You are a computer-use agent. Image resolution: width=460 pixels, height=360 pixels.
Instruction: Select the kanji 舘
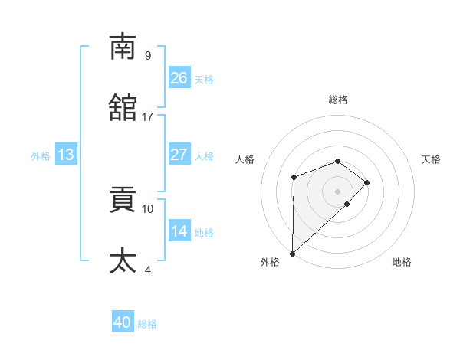[x=123, y=108]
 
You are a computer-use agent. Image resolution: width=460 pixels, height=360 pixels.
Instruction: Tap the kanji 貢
[x=123, y=200]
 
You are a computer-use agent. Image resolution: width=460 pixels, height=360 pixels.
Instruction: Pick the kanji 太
[x=123, y=261]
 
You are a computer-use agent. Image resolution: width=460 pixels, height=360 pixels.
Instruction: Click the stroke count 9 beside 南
[x=147, y=55]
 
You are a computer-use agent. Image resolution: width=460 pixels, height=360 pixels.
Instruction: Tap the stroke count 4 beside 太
[x=147, y=270]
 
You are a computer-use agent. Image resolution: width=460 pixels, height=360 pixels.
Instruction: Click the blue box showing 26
[x=179, y=78]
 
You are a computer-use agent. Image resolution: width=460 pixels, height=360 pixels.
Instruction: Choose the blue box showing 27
[x=179, y=155]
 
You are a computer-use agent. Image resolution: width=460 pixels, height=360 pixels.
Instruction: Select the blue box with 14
[x=179, y=231]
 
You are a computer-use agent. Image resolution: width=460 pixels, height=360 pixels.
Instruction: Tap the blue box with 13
[x=66, y=155]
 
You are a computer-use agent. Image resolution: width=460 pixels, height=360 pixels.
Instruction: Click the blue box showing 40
[x=123, y=323]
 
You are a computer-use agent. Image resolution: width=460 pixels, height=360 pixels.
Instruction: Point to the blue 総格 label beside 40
[x=148, y=324]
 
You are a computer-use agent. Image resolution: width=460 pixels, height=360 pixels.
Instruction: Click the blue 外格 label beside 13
[x=41, y=155]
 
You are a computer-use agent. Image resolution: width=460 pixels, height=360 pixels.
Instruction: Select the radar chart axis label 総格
[x=338, y=100]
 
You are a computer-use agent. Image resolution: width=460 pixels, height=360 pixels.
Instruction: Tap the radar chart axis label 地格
[x=402, y=263]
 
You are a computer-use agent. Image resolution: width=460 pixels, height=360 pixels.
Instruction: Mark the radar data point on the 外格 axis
[x=292, y=253]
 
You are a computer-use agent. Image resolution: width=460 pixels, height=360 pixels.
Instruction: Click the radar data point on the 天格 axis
[x=367, y=182]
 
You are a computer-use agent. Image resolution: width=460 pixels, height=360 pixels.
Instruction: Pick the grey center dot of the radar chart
[x=338, y=191]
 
